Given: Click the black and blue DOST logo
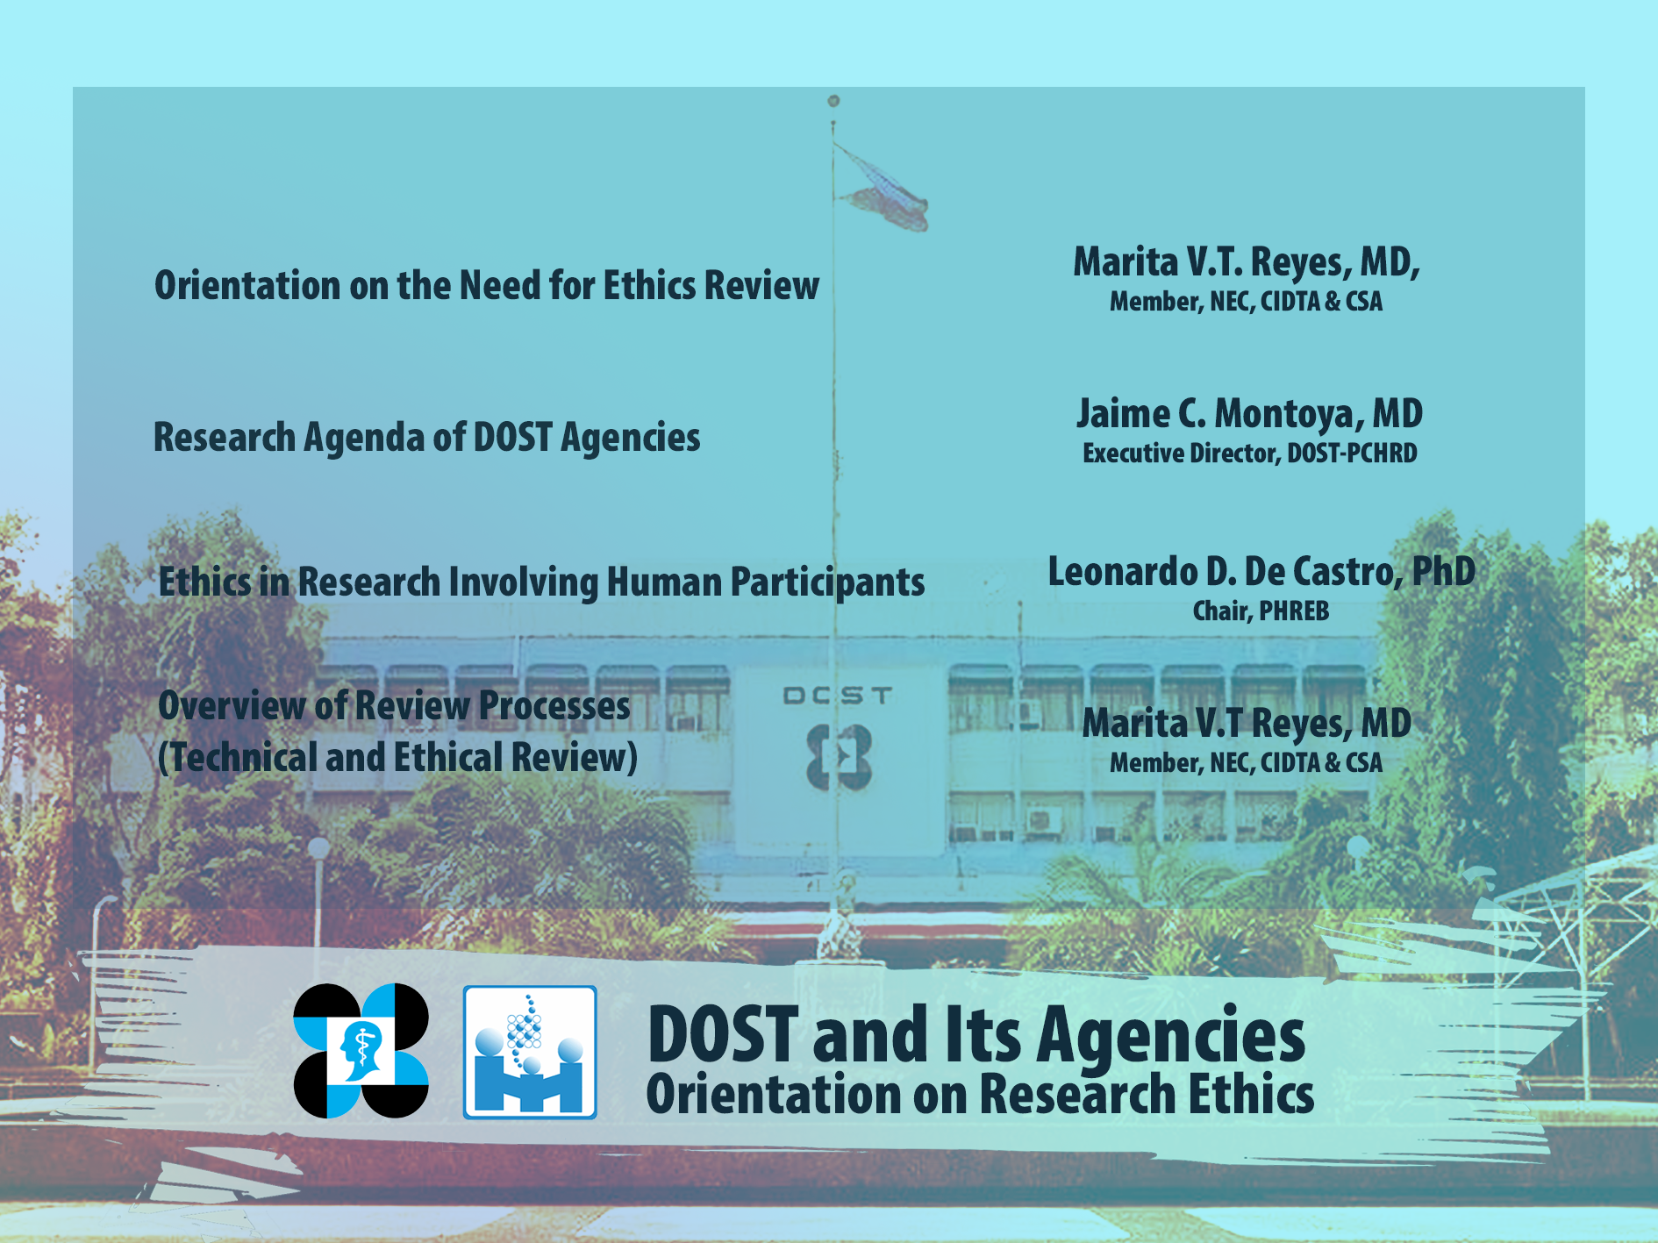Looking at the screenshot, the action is [x=361, y=1051].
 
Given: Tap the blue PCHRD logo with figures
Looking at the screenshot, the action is [x=530, y=1052].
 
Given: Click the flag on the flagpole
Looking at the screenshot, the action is [x=882, y=190].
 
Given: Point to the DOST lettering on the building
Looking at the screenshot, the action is [x=838, y=696].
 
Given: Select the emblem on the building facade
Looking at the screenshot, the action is [x=839, y=756].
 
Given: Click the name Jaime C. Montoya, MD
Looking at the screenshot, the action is [x=1249, y=414].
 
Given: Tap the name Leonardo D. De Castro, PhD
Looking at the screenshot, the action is [x=1261, y=572].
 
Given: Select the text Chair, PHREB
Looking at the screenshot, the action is [x=1261, y=611].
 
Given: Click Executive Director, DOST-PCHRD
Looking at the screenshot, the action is [x=1249, y=454].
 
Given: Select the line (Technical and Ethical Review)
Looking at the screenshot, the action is [x=397, y=758].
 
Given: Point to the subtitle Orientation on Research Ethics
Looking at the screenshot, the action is [x=980, y=1095].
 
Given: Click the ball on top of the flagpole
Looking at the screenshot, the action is [x=833, y=101].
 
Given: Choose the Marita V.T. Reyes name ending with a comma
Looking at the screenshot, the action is [x=1247, y=262].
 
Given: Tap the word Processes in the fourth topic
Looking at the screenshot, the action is [x=554, y=706].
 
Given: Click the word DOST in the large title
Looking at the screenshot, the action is [x=723, y=1034].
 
